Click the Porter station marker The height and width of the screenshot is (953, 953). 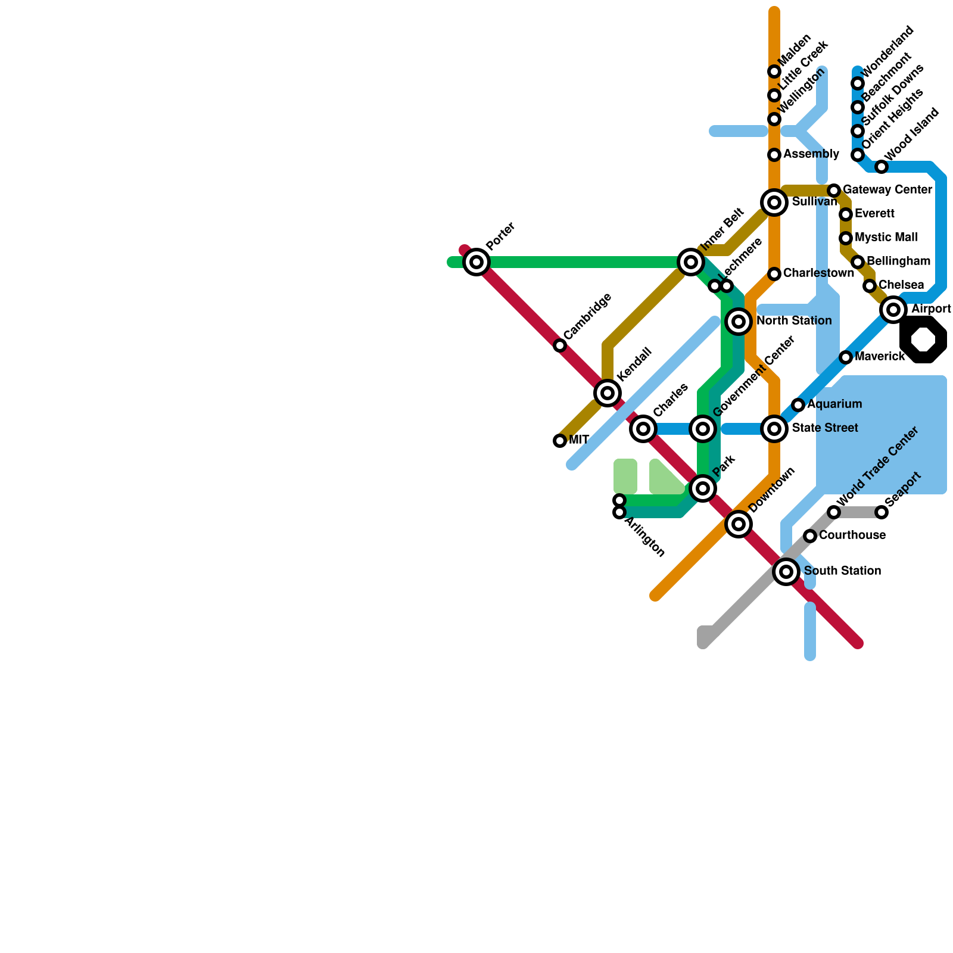[476, 262]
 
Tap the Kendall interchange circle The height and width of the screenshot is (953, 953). [608, 393]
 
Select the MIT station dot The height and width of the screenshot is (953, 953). [560, 441]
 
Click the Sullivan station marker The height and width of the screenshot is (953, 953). [774, 203]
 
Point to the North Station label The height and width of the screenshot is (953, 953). [794, 321]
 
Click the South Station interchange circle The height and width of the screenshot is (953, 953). [786, 572]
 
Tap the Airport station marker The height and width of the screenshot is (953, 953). [893, 310]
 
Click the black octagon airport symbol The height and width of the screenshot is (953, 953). [923, 340]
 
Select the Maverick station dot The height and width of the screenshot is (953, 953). [846, 357]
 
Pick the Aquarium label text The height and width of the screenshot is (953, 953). [834, 404]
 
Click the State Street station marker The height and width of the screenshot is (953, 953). [774, 429]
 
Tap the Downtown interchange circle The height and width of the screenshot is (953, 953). [739, 524]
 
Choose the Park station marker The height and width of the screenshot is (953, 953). [703, 488]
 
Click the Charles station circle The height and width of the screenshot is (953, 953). [643, 429]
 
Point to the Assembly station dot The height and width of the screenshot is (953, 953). [774, 155]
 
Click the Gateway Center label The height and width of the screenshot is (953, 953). [887, 190]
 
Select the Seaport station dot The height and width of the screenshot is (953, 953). [882, 512]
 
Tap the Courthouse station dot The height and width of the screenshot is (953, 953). [810, 536]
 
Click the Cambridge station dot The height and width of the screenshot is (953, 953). [560, 345]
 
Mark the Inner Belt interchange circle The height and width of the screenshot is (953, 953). [691, 262]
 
